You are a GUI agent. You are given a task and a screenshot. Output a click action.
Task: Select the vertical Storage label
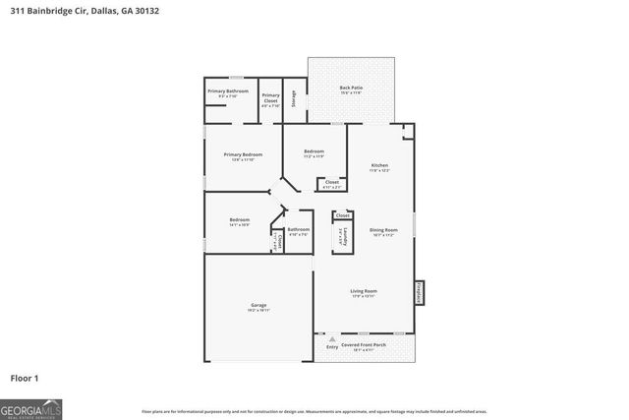[293, 97]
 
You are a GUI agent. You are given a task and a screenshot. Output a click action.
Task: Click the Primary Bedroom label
[243, 154]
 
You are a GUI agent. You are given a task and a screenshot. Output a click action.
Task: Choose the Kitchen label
[379, 165]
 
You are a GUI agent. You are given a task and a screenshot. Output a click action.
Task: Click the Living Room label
[365, 291]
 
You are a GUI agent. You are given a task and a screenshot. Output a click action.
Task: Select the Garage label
[258, 306]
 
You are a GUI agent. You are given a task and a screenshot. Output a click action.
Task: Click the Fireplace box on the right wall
[420, 293]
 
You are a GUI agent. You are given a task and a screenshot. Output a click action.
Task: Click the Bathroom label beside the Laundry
[298, 229]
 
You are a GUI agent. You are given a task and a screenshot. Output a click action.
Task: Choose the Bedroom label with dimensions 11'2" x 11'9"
[314, 150]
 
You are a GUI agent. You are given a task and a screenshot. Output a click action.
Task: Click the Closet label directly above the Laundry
[342, 215]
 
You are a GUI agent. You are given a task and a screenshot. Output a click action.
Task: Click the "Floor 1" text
[24, 378]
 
